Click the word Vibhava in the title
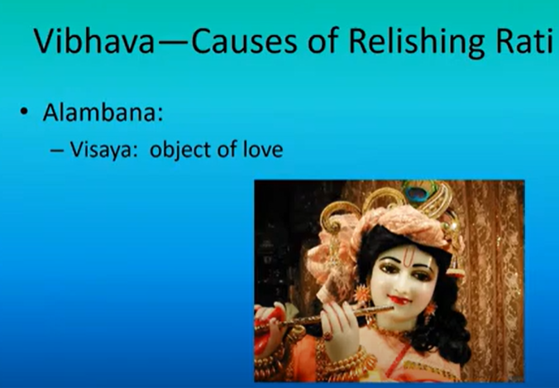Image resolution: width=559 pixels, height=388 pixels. click(x=94, y=41)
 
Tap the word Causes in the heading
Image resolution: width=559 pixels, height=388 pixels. click(x=244, y=41)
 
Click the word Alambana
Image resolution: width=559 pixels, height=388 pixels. click(x=103, y=113)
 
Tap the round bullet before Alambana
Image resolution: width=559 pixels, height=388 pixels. click(x=24, y=113)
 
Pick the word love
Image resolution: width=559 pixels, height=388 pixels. click(x=263, y=149)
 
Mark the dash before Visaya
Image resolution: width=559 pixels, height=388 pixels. click(x=57, y=150)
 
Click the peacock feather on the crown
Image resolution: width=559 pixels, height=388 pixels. click(x=419, y=191)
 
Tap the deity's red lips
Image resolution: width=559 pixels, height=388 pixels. click(x=399, y=299)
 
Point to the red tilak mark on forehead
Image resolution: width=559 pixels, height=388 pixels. click(x=408, y=256)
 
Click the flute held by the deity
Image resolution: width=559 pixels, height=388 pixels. click(x=324, y=319)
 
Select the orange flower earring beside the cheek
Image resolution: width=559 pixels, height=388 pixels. click(x=362, y=293)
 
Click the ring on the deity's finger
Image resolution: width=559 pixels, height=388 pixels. click(x=327, y=336)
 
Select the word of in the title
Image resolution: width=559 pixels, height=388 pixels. click(x=322, y=41)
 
